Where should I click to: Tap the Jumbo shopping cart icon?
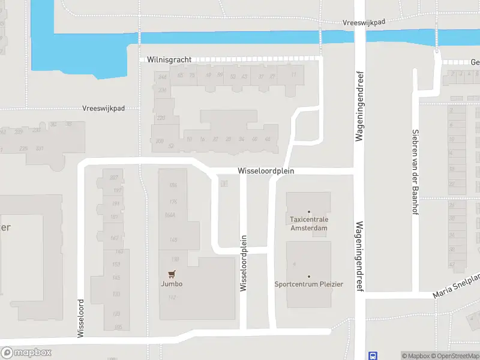pyautogui.click(x=172, y=274)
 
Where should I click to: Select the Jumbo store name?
pyautogui.click(x=172, y=284)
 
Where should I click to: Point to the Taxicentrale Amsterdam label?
pyautogui.click(x=309, y=224)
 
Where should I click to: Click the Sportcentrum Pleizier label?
pyautogui.click(x=309, y=284)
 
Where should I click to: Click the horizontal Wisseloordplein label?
pyautogui.click(x=266, y=171)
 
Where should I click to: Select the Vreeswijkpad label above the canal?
pyautogui.click(x=364, y=22)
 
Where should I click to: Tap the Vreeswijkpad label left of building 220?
pyautogui.click(x=104, y=109)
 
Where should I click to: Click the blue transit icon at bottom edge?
pyautogui.click(x=373, y=356)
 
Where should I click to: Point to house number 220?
pyautogui.click(x=161, y=118)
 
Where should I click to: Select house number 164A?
pyautogui.click(x=169, y=214)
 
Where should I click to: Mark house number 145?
pyautogui.click(x=116, y=277)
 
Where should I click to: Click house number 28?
pyautogui.click(x=228, y=139)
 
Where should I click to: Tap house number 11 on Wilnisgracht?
pyautogui.click(x=293, y=74)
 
